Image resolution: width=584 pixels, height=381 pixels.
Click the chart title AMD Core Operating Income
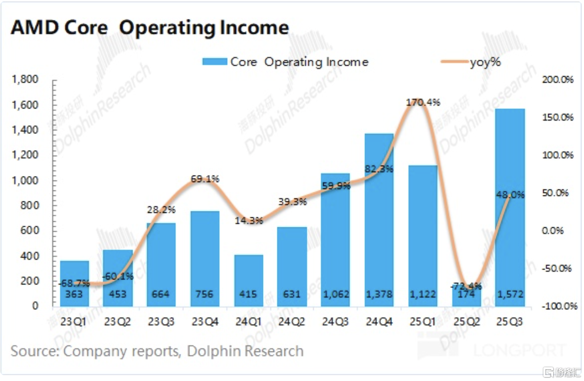point(150,28)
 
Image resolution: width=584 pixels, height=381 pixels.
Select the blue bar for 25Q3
point(510,204)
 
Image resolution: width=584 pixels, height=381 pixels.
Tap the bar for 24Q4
point(379,218)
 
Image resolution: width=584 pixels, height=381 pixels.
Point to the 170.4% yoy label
point(422,103)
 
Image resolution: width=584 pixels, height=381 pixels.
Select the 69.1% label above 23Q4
point(205,179)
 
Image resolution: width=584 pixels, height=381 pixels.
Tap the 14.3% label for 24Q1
point(248,221)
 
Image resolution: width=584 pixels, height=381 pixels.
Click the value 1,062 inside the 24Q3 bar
point(335,294)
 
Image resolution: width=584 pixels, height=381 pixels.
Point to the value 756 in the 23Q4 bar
point(205,294)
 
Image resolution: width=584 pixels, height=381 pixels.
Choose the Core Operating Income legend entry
point(285,62)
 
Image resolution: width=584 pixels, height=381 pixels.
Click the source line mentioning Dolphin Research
point(157,351)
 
